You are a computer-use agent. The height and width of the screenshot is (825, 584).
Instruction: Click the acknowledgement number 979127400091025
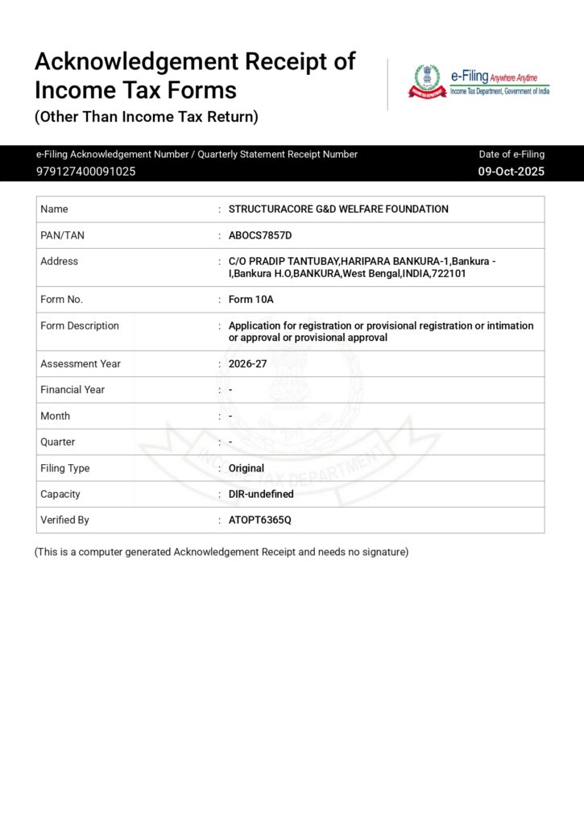pyautogui.click(x=85, y=172)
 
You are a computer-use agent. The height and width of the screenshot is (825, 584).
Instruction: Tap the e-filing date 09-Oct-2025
pyautogui.click(x=511, y=172)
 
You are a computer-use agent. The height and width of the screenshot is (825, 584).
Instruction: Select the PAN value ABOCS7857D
pyautogui.click(x=260, y=235)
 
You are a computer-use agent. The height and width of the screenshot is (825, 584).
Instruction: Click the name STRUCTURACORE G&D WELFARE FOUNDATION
pyautogui.click(x=338, y=209)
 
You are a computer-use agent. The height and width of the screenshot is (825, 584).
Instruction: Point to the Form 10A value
pyautogui.click(x=251, y=300)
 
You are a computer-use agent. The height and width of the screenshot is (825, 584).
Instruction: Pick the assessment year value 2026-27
pyautogui.click(x=247, y=364)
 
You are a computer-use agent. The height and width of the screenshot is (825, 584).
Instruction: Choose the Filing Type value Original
pyautogui.click(x=246, y=468)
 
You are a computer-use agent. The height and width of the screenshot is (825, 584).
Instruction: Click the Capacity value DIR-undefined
pyautogui.click(x=261, y=494)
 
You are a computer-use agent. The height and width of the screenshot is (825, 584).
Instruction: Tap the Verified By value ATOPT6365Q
pyautogui.click(x=259, y=520)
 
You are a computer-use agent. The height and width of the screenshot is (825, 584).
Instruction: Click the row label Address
pyautogui.click(x=59, y=261)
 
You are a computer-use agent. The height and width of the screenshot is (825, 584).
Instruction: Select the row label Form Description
pyautogui.click(x=79, y=325)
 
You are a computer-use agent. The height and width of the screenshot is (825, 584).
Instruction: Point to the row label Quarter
pyautogui.click(x=57, y=442)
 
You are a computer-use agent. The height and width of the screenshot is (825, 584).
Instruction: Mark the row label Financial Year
pyautogui.click(x=72, y=390)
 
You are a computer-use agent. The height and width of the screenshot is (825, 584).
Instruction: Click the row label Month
pyautogui.click(x=55, y=416)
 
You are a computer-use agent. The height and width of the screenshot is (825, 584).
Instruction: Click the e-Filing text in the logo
pyautogui.click(x=469, y=77)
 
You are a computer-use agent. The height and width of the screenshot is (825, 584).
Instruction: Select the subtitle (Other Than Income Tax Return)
pyautogui.click(x=146, y=118)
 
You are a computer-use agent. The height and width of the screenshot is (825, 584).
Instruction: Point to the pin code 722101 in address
pyautogui.click(x=451, y=274)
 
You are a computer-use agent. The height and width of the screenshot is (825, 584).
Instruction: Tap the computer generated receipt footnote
pyautogui.click(x=222, y=553)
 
